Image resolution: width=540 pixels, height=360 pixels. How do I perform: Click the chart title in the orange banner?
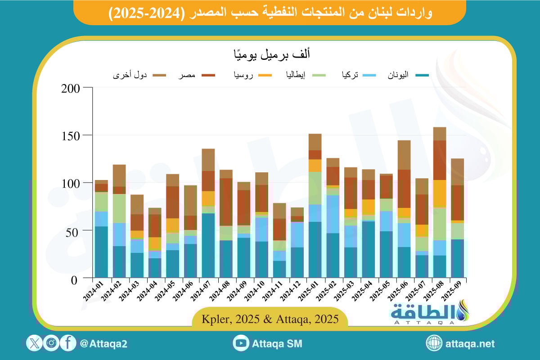pos(270,13)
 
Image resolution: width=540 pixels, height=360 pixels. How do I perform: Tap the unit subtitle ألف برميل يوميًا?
pos(270,54)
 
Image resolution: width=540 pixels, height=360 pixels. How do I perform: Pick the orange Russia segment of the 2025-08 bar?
pos(439,193)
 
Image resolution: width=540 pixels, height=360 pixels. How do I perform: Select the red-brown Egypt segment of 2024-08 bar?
pos(226,202)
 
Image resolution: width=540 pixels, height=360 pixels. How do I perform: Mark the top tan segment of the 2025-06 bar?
pos(404,155)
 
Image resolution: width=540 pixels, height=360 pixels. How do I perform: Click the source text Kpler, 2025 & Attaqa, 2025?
pos(270,319)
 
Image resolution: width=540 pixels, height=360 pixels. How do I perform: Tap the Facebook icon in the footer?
pos(68,344)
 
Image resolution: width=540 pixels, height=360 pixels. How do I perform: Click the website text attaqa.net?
pos(470,344)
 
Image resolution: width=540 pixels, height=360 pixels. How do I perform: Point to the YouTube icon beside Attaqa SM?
pos(241,344)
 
